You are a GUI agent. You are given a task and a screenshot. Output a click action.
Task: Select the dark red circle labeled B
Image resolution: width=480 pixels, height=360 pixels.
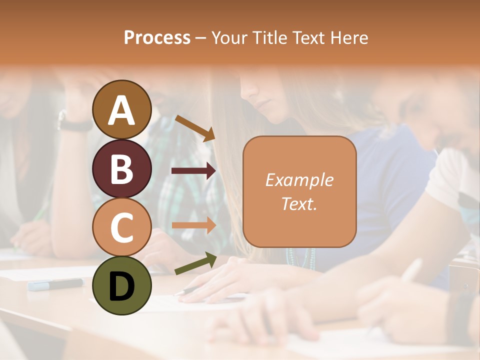121,168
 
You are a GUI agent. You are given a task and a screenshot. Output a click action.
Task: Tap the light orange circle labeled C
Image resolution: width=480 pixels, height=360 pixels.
121,227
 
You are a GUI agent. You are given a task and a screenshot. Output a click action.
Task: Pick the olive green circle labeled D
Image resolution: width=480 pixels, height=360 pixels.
121,286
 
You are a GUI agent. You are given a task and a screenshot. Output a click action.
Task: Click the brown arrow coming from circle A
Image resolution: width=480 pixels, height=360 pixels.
195,127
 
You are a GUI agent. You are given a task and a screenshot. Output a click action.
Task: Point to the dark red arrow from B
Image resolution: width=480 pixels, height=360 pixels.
193,171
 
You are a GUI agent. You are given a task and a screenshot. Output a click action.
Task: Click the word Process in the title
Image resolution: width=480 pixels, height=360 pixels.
157,37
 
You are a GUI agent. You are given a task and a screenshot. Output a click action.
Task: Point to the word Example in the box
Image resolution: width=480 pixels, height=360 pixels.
299,180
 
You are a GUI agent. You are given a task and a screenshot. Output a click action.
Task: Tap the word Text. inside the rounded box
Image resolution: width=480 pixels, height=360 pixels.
299,203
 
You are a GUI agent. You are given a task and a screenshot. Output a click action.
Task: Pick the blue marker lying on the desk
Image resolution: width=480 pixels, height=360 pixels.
55,284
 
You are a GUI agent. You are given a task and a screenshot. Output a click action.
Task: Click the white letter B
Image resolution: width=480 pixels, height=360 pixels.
121,168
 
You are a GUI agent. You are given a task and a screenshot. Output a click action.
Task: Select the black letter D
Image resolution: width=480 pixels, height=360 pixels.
121,286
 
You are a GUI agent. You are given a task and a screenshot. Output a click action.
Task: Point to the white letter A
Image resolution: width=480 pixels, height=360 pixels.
121,110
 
